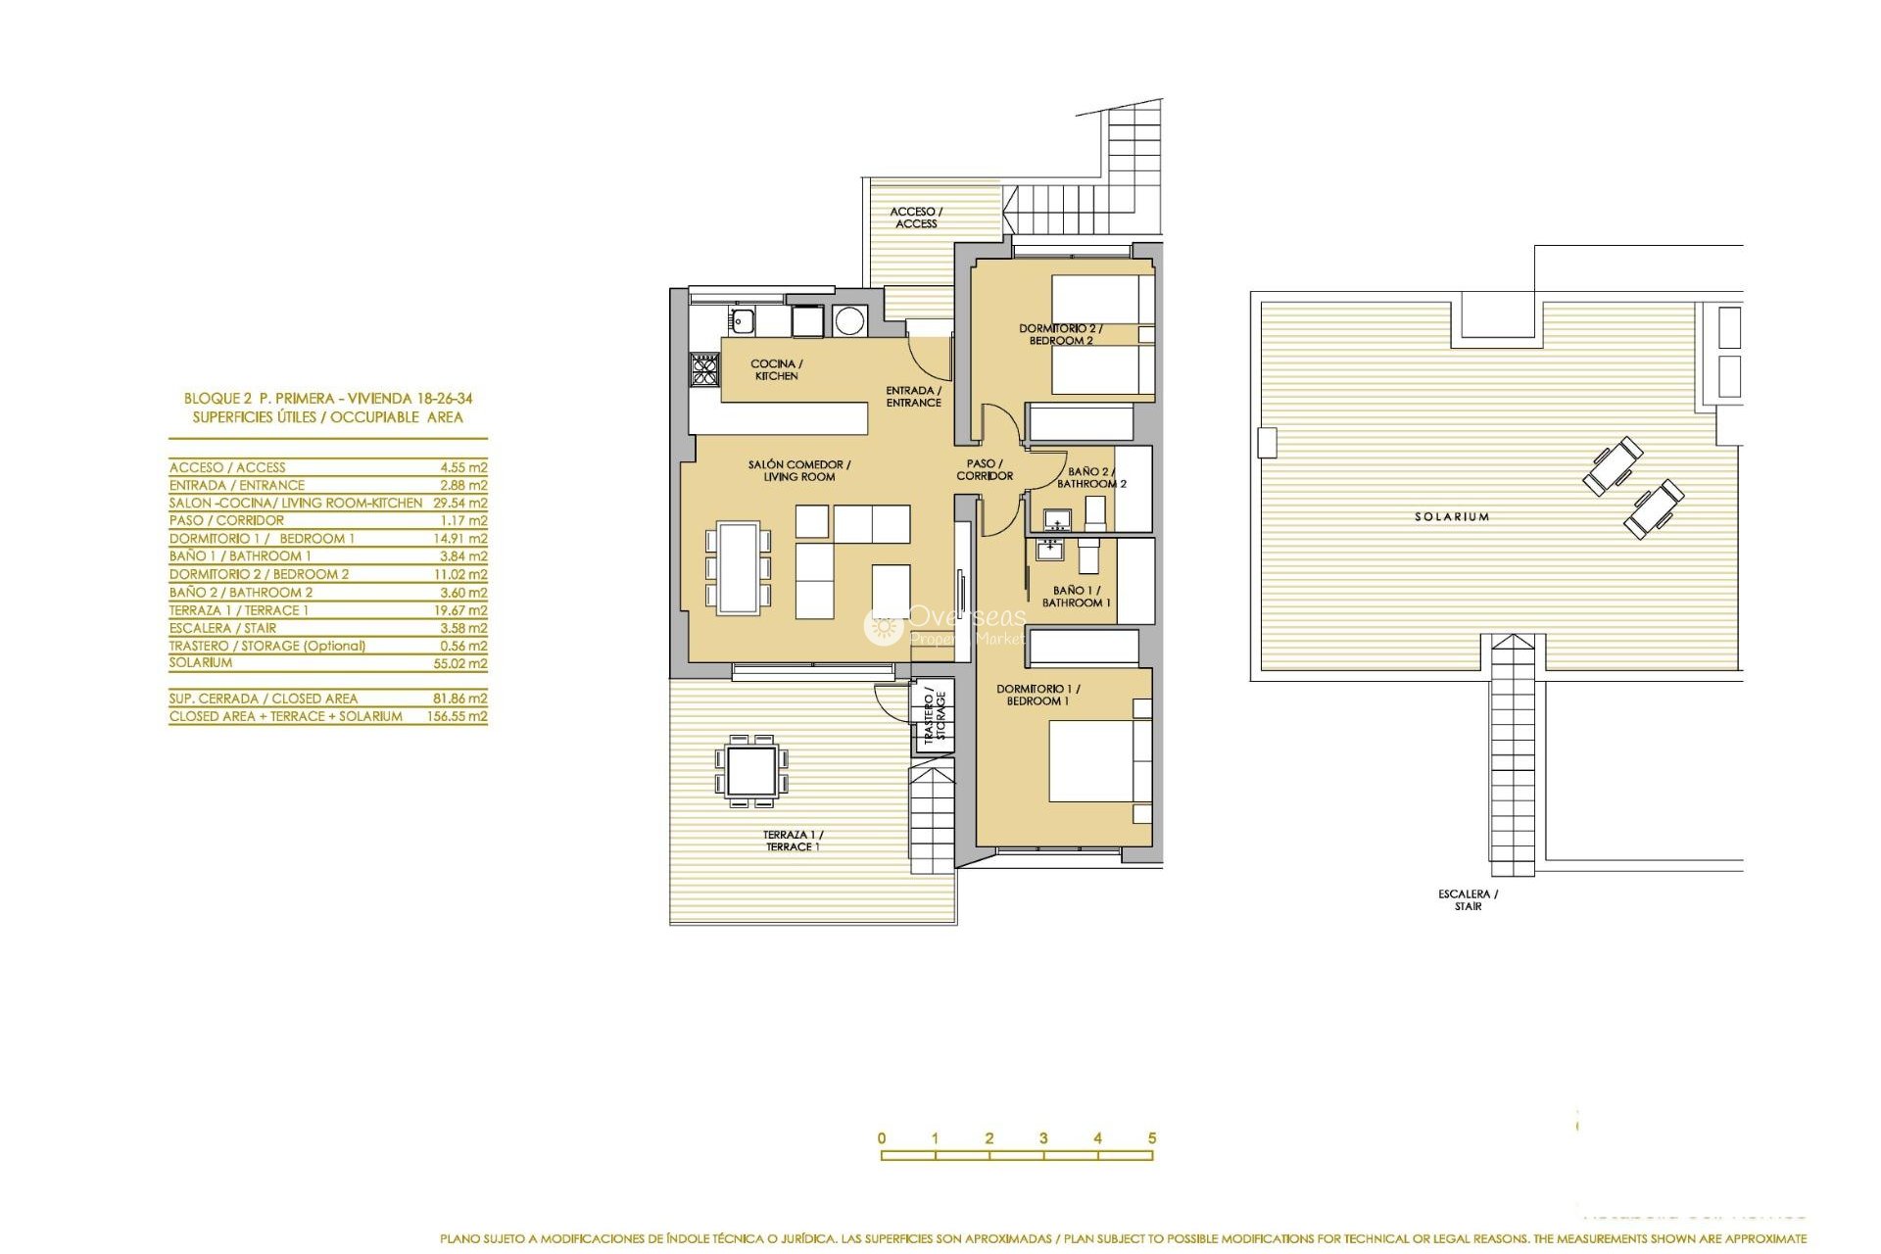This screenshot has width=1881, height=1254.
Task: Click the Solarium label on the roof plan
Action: pyautogui.click(x=1451, y=516)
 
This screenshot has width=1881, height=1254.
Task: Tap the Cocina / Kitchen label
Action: pyautogui.click(x=776, y=369)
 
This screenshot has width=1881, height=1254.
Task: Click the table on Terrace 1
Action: pyautogui.click(x=752, y=770)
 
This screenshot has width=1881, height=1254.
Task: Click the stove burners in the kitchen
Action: pyautogui.click(x=704, y=369)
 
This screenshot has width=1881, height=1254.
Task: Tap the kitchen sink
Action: pyautogui.click(x=742, y=319)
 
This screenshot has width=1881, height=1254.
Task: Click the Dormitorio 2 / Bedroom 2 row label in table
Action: pyautogui.click(x=259, y=574)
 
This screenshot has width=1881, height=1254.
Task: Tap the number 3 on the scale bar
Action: pyautogui.click(x=1043, y=1138)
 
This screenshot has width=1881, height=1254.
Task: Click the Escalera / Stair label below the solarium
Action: pyautogui.click(x=1468, y=899)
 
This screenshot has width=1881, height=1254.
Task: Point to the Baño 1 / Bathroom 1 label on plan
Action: pyautogui.click(x=1076, y=597)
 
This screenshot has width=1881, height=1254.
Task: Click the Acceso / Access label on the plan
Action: pyautogui.click(x=916, y=217)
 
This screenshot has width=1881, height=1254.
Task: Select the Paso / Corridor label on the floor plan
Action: pyautogui.click(x=985, y=469)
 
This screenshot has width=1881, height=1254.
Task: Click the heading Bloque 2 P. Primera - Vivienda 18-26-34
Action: pyautogui.click(x=328, y=399)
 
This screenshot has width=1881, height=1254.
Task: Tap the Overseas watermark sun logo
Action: pyautogui.click(x=883, y=627)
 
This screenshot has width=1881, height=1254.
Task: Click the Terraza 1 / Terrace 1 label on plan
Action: pyautogui.click(x=794, y=841)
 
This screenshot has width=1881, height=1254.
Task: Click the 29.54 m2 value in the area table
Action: pyautogui.click(x=459, y=503)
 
